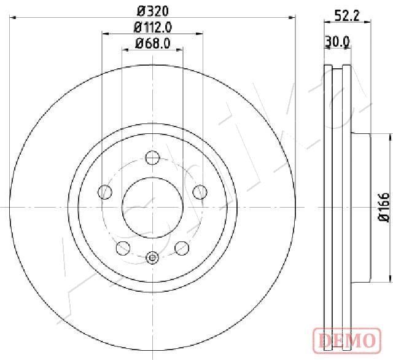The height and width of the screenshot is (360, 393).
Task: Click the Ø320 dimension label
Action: [x=153, y=11]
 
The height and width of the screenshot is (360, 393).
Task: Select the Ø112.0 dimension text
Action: [x=153, y=27]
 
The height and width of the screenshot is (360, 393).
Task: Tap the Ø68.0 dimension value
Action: [x=153, y=44]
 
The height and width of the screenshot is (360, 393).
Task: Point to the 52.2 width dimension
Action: [x=347, y=17]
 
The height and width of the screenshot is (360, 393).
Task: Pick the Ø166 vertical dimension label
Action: [x=384, y=207]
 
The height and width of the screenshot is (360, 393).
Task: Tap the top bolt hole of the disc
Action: [x=152, y=158]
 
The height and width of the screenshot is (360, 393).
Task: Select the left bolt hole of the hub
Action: [x=105, y=192]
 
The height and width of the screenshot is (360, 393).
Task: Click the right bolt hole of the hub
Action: [x=200, y=192]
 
